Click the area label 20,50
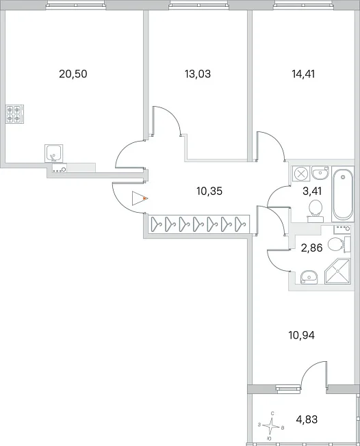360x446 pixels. point(73,74)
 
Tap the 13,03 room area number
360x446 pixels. point(198,74)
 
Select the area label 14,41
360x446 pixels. point(303,74)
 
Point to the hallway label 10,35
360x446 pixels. point(209,191)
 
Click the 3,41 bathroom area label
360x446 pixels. point(312,191)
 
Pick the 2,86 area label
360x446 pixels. point(311,248)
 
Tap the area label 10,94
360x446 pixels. point(301,335)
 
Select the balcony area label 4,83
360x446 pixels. point(307,419)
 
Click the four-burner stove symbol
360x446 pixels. point(15,114)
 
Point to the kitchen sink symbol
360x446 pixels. point(54,153)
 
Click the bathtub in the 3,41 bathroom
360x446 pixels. point(343,194)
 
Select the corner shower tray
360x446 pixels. point(337,271)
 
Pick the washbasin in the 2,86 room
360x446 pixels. point(309,276)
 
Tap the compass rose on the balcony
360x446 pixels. point(272,425)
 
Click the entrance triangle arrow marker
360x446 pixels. point(139,198)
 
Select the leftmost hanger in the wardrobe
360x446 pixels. point(156,224)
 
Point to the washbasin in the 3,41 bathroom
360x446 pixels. point(320,172)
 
